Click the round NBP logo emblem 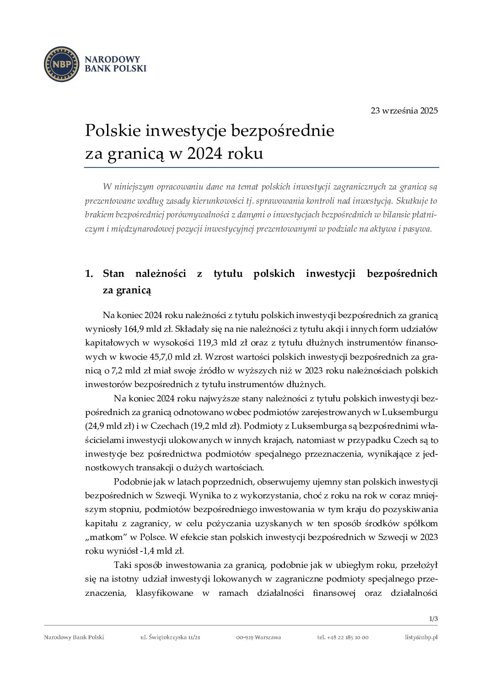pos(61,64)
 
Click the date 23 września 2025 pos(404,111)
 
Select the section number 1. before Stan pos(89,274)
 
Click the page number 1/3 pos(433,619)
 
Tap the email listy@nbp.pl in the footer pos(421,637)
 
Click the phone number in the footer pos(343,637)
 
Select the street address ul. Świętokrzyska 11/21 pos(170,637)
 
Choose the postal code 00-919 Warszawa pos(258,637)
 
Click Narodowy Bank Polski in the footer pos(74,637)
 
